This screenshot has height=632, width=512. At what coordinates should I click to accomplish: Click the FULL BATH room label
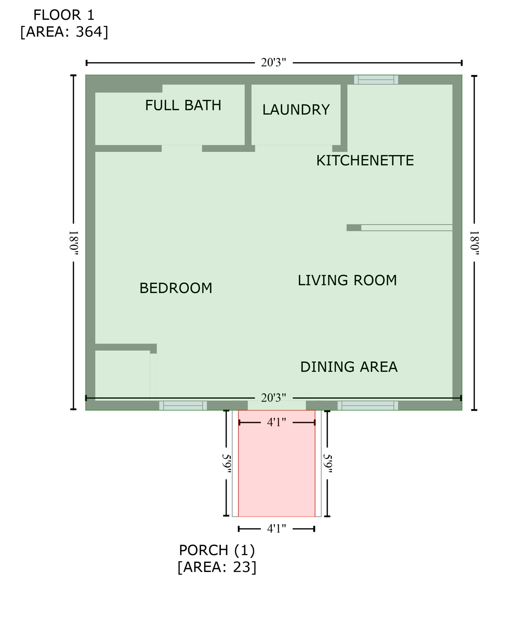pyautogui.click(x=183, y=106)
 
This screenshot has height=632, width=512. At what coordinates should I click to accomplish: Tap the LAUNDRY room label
pyautogui.click(x=296, y=110)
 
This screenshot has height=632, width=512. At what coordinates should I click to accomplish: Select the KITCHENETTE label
pyautogui.click(x=365, y=160)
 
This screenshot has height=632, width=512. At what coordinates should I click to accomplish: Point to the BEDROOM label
pyautogui.click(x=176, y=288)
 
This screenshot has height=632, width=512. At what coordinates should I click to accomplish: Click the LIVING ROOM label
pyautogui.click(x=347, y=280)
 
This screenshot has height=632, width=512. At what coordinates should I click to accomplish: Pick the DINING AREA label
pyautogui.click(x=349, y=367)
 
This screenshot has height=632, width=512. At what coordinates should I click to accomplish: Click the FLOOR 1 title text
pyautogui.click(x=64, y=15)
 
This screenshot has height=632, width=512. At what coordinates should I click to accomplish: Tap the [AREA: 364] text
pyautogui.click(x=64, y=32)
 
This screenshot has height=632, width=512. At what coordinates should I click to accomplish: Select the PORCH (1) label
pyautogui.click(x=217, y=550)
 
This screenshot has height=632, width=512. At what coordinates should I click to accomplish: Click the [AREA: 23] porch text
pyautogui.click(x=217, y=567)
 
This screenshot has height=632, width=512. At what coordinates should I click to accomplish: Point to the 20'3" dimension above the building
pyautogui.click(x=273, y=63)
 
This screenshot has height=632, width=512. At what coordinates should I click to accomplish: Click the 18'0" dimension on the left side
pyautogui.click(x=73, y=243)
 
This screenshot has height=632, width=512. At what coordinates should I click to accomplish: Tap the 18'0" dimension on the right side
pyautogui.click(x=474, y=243)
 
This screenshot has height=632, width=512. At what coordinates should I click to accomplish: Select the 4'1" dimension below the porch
pyautogui.click(x=276, y=529)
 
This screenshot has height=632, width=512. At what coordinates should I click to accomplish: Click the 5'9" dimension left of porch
pyautogui.click(x=226, y=463)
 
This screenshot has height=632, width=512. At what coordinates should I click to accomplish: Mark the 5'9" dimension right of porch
pyautogui.click(x=327, y=463)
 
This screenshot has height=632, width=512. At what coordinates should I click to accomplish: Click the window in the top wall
pyautogui.click(x=376, y=80)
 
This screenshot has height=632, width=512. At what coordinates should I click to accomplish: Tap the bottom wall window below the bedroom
pyautogui.click(x=183, y=406)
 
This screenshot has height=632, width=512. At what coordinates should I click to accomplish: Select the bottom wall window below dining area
pyautogui.click(x=368, y=406)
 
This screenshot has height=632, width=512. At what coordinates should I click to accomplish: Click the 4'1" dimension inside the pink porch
pyautogui.click(x=276, y=423)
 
